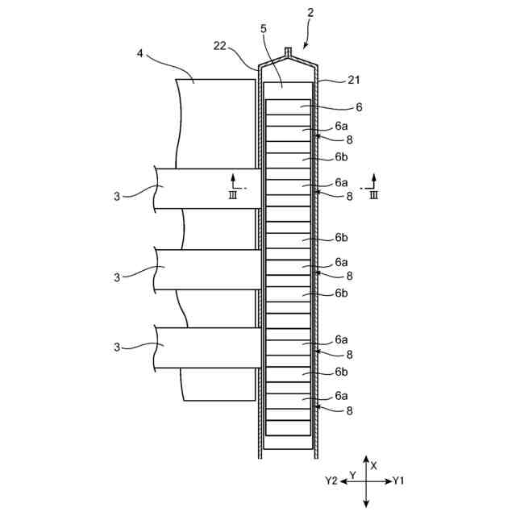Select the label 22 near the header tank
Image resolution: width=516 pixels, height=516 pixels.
pos(220,46)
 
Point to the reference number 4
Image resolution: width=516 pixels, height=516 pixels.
pos(140,55)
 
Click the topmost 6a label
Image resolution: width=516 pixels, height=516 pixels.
pos(341,127)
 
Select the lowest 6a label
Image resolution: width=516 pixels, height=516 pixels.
pos(341,396)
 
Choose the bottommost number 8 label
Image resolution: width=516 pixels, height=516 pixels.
pos(349,410)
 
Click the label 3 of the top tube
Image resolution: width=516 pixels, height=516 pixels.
pos(116,195)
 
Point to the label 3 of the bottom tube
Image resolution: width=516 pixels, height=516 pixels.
pos(116,347)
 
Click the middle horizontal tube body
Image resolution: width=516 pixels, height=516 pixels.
pos(210,269)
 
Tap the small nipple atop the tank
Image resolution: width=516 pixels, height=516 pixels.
pos(288,54)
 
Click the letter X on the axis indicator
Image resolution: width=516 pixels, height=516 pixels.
pos(373,465)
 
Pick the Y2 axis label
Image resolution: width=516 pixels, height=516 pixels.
pos(331,481)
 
